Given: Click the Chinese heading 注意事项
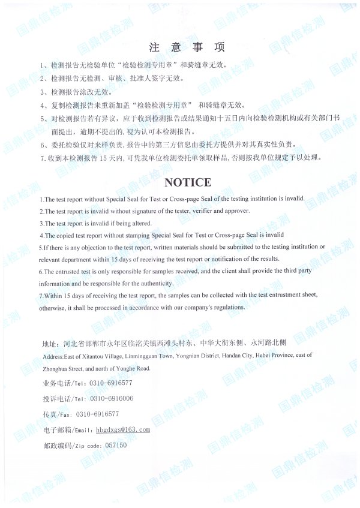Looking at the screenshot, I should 187,47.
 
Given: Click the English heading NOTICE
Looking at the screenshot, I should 188,182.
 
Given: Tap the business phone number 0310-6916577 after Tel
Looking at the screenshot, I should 112,383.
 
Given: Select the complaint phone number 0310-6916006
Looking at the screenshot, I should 112,398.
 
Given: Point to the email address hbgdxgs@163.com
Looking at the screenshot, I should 122,429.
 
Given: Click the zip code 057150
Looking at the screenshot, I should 116,445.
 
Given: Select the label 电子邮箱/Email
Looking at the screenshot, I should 67,430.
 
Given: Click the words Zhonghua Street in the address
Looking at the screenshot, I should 65,368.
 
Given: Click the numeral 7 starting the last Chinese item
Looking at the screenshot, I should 42,158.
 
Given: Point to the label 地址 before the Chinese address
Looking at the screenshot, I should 49,344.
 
